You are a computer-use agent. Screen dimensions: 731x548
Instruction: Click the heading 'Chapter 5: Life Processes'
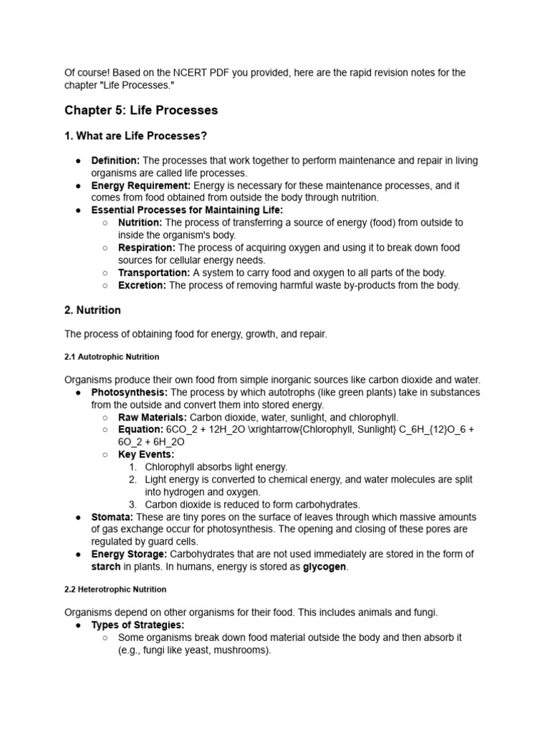tap(141, 111)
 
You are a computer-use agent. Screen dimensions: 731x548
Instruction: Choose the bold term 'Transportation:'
tap(153, 273)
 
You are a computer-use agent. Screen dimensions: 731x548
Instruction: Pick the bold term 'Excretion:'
tap(142, 286)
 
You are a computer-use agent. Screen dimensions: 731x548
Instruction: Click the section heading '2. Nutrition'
tap(93, 311)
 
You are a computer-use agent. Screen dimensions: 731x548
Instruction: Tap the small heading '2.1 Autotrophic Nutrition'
tap(111, 356)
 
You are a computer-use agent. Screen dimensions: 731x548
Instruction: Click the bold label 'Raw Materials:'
tap(153, 418)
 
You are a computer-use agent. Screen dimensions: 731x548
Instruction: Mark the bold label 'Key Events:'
tap(146, 455)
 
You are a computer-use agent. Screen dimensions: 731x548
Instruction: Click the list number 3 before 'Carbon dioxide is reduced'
tap(133, 505)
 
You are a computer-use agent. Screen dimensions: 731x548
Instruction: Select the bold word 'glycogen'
tap(325, 567)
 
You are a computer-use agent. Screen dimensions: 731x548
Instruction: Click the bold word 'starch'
tap(106, 567)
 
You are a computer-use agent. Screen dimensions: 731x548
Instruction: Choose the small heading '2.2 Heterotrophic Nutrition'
tap(115, 590)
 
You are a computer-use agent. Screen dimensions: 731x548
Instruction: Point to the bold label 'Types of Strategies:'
tap(137, 625)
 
